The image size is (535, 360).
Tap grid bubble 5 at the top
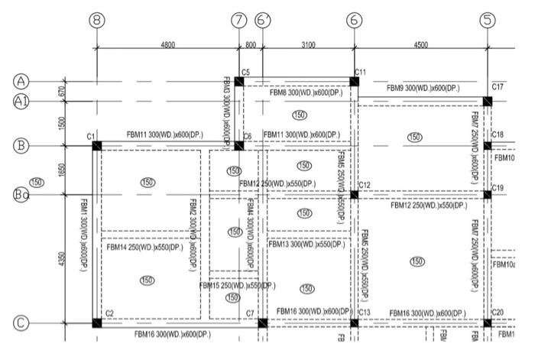[487, 21]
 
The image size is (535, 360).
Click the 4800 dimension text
[167, 46]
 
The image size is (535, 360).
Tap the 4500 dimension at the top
[420, 46]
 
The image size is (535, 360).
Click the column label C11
[361, 72]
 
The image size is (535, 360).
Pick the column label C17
[498, 87]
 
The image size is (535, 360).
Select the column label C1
[91, 136]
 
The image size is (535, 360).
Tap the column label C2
[109, 313]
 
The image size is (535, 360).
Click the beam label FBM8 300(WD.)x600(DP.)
[306, 92]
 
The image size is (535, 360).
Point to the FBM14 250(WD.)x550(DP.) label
[144, 248]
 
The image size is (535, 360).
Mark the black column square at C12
[354, 194]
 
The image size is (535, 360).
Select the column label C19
[498, 188]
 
